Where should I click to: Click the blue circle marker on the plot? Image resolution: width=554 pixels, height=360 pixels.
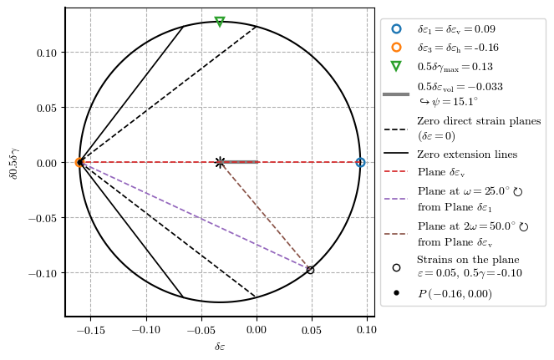360,162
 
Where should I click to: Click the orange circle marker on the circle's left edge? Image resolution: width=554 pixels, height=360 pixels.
79,162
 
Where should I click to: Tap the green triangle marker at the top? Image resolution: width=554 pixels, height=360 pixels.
220,22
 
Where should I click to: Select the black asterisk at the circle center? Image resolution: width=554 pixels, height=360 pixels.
220,162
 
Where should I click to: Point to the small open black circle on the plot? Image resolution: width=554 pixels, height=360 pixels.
310,270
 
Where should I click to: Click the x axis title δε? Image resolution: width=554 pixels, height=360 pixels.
220,346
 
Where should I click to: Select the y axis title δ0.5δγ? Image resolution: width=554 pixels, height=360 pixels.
13,162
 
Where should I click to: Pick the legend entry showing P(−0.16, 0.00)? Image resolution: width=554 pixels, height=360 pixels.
455,293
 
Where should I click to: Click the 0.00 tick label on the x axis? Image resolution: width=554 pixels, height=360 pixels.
256,329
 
